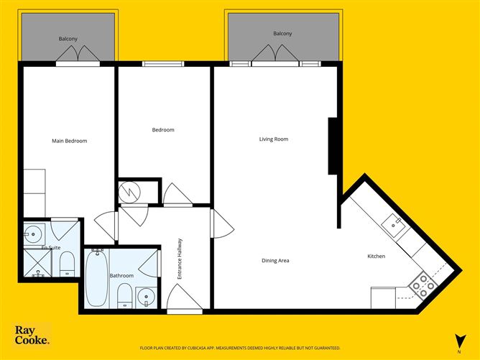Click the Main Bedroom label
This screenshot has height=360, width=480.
[x=70, y=141]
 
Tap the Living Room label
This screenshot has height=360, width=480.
[x=274, y=139]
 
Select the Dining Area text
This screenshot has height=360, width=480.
[x=275, y=260]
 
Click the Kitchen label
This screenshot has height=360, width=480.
[x=377, y=256]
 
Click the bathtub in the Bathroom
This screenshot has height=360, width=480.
[x=96, y=277]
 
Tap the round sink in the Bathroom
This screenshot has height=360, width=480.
[x=146, y=297]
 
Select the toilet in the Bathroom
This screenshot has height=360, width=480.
[x=124, y=296]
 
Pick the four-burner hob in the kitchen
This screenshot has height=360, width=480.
[x=422, y=286]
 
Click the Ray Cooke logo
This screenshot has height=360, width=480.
[x=32, y=336]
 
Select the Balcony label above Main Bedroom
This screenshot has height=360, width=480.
[x=68, y=38]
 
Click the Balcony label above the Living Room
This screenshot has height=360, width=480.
[x=282, y=34]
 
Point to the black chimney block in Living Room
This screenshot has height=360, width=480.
[x=333, y=146]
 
